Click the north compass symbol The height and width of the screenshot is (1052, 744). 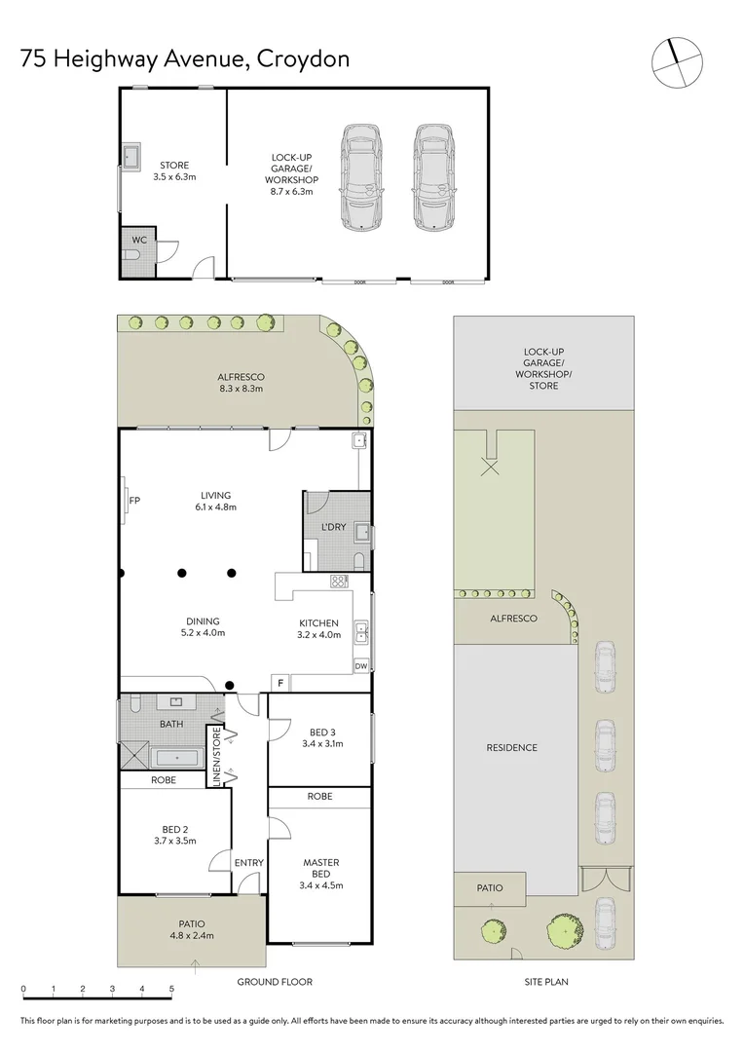(677, 62)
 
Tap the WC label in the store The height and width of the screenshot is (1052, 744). (139, 241)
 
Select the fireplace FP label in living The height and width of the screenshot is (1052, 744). (134, 501)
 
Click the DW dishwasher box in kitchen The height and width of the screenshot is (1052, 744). (361, 665)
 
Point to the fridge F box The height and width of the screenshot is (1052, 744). (280, 684)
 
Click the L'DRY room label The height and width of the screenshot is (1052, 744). (333, 527)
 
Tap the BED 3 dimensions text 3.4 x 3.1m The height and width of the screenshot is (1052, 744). (322, 743)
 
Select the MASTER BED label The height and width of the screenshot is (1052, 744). (320, 868)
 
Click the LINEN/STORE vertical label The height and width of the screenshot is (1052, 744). (216, 756)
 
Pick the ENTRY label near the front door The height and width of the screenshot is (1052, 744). (249, 863)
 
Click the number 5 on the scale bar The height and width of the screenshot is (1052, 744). (171, 989)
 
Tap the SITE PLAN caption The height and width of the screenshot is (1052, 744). (546, 982)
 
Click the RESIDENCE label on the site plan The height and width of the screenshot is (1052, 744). (512, 747)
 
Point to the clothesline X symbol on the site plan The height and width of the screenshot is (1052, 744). (491, 467)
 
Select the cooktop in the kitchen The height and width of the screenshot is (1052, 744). (339, 581)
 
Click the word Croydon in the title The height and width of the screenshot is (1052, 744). (303, 59)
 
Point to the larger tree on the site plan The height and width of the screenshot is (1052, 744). (565, 931)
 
